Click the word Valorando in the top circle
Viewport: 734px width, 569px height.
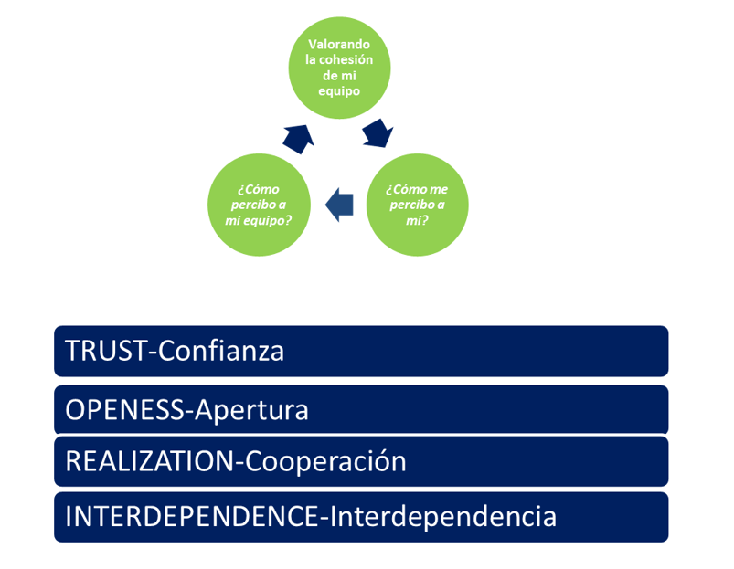click(339, 45)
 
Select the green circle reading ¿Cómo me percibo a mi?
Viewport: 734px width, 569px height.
click(417, 205)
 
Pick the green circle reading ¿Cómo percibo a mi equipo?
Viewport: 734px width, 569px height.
click(259, 205)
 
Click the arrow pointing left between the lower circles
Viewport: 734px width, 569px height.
click(339, 205)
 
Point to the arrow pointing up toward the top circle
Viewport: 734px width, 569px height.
click(299, 139)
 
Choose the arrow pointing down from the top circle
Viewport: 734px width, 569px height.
click(378, 133)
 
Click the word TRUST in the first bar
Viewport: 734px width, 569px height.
click(106, 351)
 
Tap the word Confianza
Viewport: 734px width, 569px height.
click(221, 351)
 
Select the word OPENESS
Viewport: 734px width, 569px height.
click(125, 410)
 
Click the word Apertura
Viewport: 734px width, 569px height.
click(251, 411)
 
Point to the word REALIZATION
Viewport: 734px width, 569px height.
click(150, 461)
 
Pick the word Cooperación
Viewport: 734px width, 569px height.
click(325, 461)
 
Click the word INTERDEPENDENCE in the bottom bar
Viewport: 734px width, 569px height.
click(192, 517)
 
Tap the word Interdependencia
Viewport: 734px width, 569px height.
click(443, 517)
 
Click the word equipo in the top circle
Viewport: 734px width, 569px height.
click(339, 91)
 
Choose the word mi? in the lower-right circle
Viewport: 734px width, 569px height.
click(417, 221)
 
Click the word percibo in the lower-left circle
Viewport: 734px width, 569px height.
click(253, 205)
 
